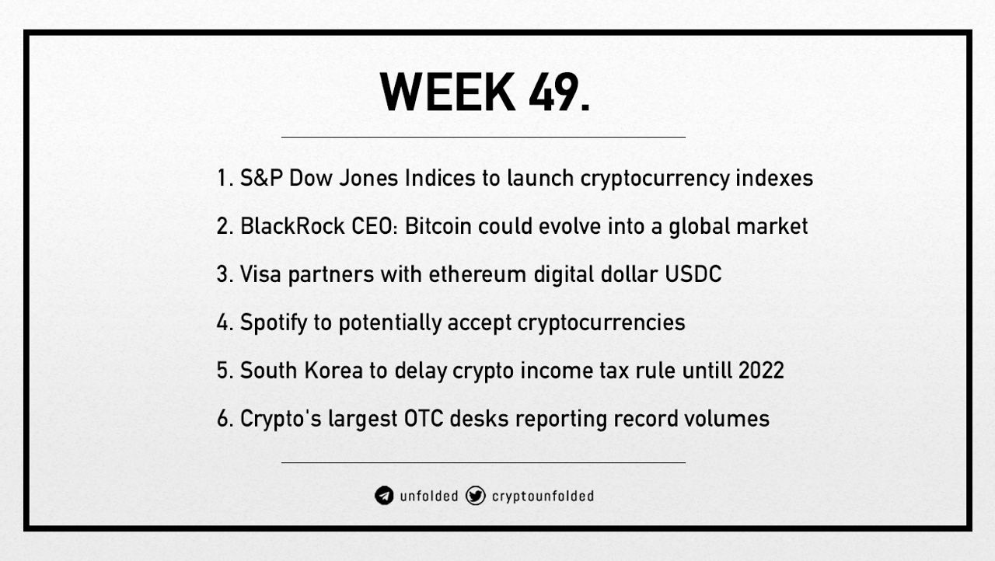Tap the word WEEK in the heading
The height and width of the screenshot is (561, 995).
pyautogui.click(x=448, y=92)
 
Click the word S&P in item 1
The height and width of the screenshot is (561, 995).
pyautogui.click(x=261, y=178)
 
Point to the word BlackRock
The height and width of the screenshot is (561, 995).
pyautogui.click(x=293, y=226)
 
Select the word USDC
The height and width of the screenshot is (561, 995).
pyautogui.click(x=693, y=274)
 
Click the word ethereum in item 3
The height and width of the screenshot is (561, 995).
pyautogui.click(x=477, y=274)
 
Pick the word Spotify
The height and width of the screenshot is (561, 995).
pyautogui.click(x=274, y=322)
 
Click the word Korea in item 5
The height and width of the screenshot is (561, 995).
pyautogui.click(x=333, y=370)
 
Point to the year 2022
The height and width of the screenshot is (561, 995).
pyautogui.click(x=761, y=370)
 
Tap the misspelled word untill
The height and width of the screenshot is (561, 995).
pyautogui.click(x=707, y=370)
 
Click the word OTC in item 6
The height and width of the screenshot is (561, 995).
pyautogui.click(x=424, y=418)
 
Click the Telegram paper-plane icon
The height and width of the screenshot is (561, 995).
pyautogui.click(x=384, y=496)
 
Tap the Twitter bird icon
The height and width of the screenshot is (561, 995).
pyautogui.click(x=475, y=496)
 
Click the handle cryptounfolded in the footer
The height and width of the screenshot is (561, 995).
pyautogui.click(x=543, y=496)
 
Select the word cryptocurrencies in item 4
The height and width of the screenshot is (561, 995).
pyautogui.click(x=601, y=322)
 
